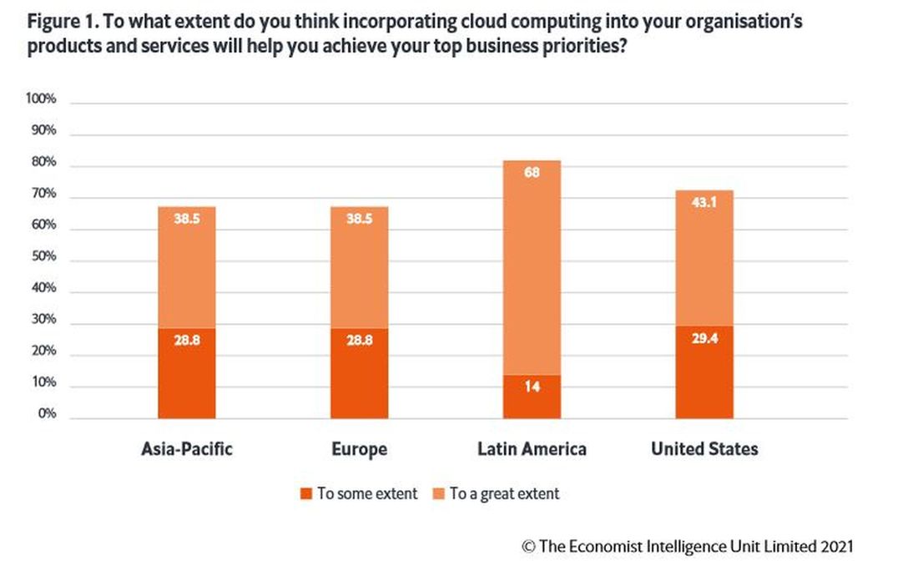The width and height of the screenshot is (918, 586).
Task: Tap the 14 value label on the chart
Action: [x=532, y=387]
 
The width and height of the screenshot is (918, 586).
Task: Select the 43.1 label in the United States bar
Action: [x=704, y=203]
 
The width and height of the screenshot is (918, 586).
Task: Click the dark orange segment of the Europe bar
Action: [x=360, y=373]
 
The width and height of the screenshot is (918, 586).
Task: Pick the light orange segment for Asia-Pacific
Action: [x=187, y=267]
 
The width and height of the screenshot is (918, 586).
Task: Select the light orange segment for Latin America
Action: [x=532, y=267]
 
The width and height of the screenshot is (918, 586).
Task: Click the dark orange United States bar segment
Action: [x=704, y=372]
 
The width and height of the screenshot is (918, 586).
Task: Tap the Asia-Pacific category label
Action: [x=187, y=449]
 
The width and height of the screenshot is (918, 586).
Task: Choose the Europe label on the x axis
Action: [x=360, y=449]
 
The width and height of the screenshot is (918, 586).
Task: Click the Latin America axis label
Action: [x=532, y=449]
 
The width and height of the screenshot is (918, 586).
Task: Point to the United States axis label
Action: [x=704, y=449]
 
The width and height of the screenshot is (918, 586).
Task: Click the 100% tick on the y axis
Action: [x=41, y=99]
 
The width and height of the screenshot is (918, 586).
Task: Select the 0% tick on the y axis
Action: [x=46, y=414]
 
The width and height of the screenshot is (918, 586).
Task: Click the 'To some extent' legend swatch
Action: [x=306, y=493]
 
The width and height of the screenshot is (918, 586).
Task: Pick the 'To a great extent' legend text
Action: [x=505, y=493]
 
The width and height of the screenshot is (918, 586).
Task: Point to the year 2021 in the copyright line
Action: [x=836, y=547]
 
